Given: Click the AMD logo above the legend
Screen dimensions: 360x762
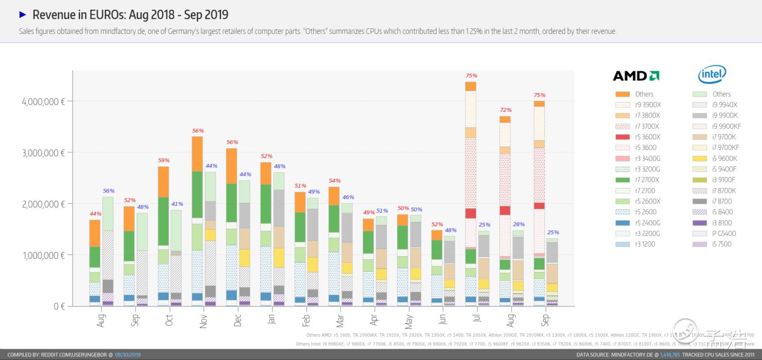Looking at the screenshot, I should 636,76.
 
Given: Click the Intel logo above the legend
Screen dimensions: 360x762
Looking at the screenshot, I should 712,75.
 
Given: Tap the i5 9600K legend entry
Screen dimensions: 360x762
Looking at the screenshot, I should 725,159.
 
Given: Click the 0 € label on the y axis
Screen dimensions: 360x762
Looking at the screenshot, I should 59,306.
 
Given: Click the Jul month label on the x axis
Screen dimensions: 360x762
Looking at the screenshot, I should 477,320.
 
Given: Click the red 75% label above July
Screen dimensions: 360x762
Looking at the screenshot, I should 471,76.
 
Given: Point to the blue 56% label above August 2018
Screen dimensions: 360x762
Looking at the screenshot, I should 108,191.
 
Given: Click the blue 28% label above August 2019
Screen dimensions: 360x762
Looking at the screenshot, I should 518,224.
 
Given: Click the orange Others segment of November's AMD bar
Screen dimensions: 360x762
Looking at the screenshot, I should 197,153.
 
